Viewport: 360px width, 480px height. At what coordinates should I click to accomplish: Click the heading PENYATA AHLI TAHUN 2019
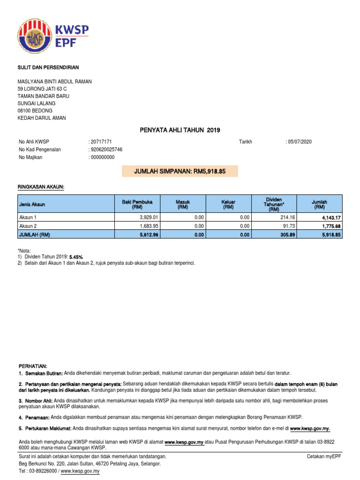180,130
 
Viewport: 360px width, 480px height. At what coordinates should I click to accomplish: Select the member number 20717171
101,142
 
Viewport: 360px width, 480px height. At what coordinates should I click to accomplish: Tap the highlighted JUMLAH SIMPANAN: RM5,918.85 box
180,172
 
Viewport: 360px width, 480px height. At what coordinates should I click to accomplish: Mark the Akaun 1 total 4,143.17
331,217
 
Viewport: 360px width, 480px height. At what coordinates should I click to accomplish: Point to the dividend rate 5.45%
76,257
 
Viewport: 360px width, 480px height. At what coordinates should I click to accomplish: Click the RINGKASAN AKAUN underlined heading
41,187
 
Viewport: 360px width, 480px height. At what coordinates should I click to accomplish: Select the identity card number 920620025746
106,150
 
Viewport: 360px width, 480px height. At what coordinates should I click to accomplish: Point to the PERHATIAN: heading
33,366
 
